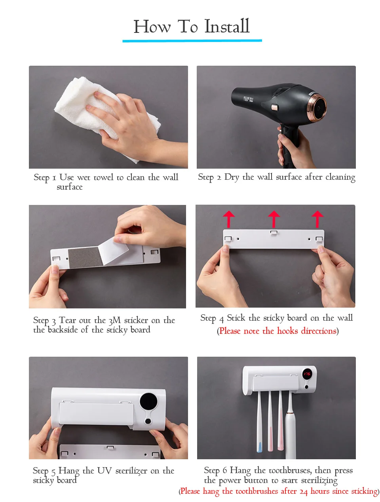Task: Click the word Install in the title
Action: (226, 26)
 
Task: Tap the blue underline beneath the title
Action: (192, 41)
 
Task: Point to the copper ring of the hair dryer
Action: (317, 107)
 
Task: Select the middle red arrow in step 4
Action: (274, 219)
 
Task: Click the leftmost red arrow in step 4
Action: (229, 219)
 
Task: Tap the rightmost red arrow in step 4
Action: (317, 219)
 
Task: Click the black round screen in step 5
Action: (148, 402)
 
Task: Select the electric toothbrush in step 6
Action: (291, 425)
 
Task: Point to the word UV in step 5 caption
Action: (104, 470)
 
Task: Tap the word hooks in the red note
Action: (287, 331)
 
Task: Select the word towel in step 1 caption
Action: (103, 177)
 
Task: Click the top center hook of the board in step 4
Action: (274, 232)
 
